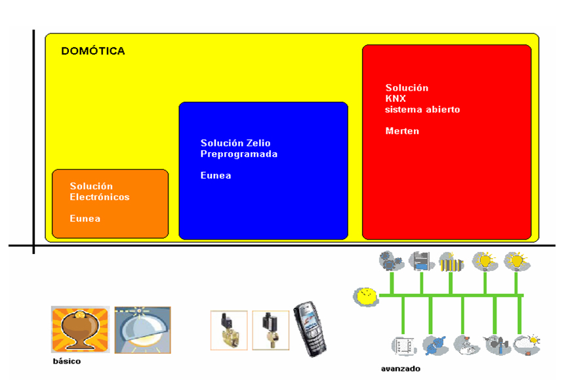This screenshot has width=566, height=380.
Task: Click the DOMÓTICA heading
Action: click(92, 51)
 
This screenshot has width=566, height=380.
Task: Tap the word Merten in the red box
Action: click(402, 131)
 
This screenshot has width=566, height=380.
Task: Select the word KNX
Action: click(395, 98)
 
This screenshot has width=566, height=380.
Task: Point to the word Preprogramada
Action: click(239, 154)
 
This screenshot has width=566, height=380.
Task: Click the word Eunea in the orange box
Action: click(85, 218)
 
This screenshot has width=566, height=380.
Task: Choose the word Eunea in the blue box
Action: click(216, 175)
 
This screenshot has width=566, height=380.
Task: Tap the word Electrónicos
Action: click(100, 197)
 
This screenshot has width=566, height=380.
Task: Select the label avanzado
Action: click(400, 368)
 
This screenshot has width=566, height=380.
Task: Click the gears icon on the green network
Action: click(392, 262)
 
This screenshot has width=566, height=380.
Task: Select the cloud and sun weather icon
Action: click(527, 344)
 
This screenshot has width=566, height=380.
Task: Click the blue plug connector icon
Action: click(433, 345)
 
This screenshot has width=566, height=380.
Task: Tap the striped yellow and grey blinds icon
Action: click(451, 262)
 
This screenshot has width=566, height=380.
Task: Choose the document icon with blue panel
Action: click(421, 262)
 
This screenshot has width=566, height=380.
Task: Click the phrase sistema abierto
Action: click(422, 110)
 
